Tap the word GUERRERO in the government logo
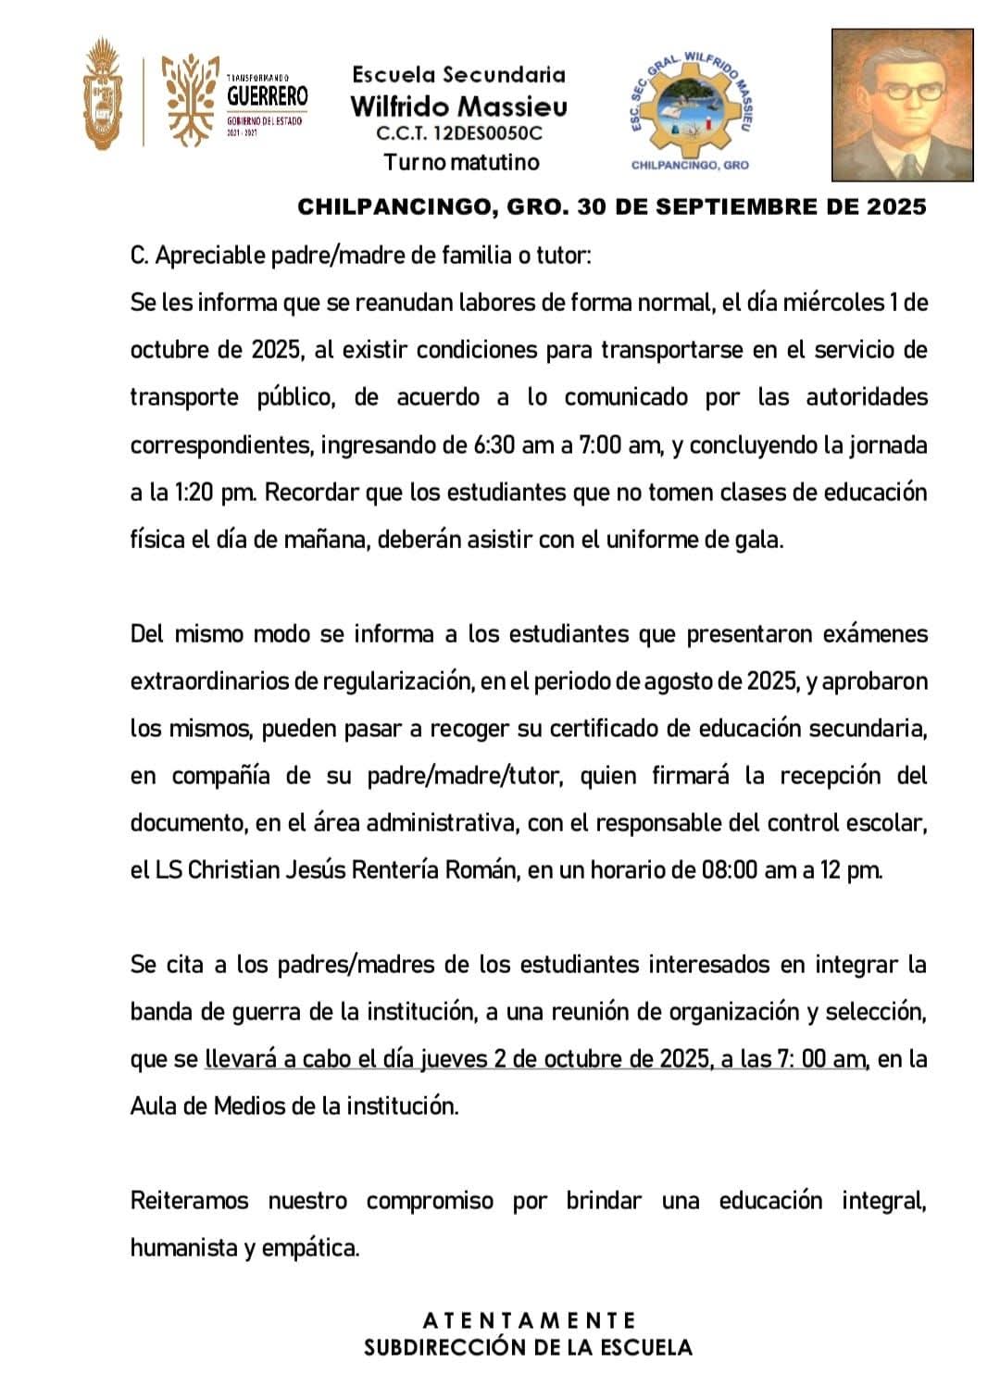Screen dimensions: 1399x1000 [x=268, y=96]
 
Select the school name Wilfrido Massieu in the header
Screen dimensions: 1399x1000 [x=459, y=106]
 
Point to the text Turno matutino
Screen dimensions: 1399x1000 [x=461, y=162]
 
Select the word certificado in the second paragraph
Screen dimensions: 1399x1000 [x=613, y=728]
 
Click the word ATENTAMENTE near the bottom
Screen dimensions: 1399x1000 [x=529, y=1319]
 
